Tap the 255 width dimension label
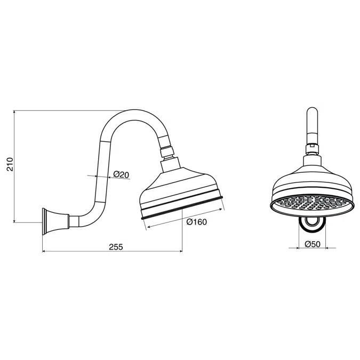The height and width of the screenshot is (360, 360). tap(115, 246)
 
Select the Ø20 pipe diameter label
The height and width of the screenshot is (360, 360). tap(121, 174)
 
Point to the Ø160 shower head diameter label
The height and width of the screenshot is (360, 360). tap(196, 222)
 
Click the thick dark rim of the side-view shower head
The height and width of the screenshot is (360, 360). tap(181, 209)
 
